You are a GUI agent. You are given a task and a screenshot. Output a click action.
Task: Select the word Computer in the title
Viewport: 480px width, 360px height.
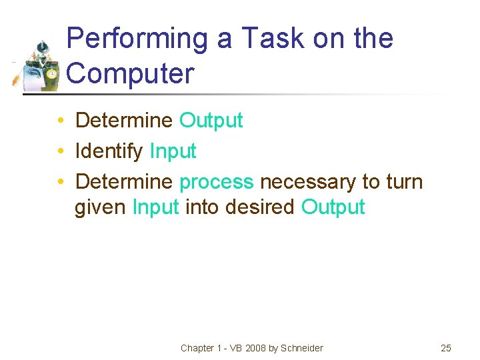coord(131,73)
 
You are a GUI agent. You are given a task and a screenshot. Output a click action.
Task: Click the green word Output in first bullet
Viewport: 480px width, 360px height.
coord(211,121)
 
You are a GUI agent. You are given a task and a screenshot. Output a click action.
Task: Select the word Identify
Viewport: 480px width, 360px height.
coord(109,151)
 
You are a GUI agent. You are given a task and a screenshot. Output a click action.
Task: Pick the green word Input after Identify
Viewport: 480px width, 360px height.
coord(173,151)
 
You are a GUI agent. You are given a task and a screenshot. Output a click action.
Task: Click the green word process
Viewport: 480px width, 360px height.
coord(217,182)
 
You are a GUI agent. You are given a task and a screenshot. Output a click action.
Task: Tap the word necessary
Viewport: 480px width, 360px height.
coord(307,182)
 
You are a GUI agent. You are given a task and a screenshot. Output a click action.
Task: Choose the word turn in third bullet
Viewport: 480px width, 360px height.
coord(403,182)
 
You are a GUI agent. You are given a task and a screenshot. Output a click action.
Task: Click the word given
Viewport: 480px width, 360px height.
coord(101,207)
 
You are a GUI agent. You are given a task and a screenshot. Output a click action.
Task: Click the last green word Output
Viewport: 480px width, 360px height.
coord(333,207)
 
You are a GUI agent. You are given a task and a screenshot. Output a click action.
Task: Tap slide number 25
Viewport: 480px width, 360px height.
coord(446,348)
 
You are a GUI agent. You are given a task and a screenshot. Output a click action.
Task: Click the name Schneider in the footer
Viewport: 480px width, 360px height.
coord(301,348)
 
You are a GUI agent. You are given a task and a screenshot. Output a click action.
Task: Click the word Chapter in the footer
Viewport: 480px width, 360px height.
coord(197,348)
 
